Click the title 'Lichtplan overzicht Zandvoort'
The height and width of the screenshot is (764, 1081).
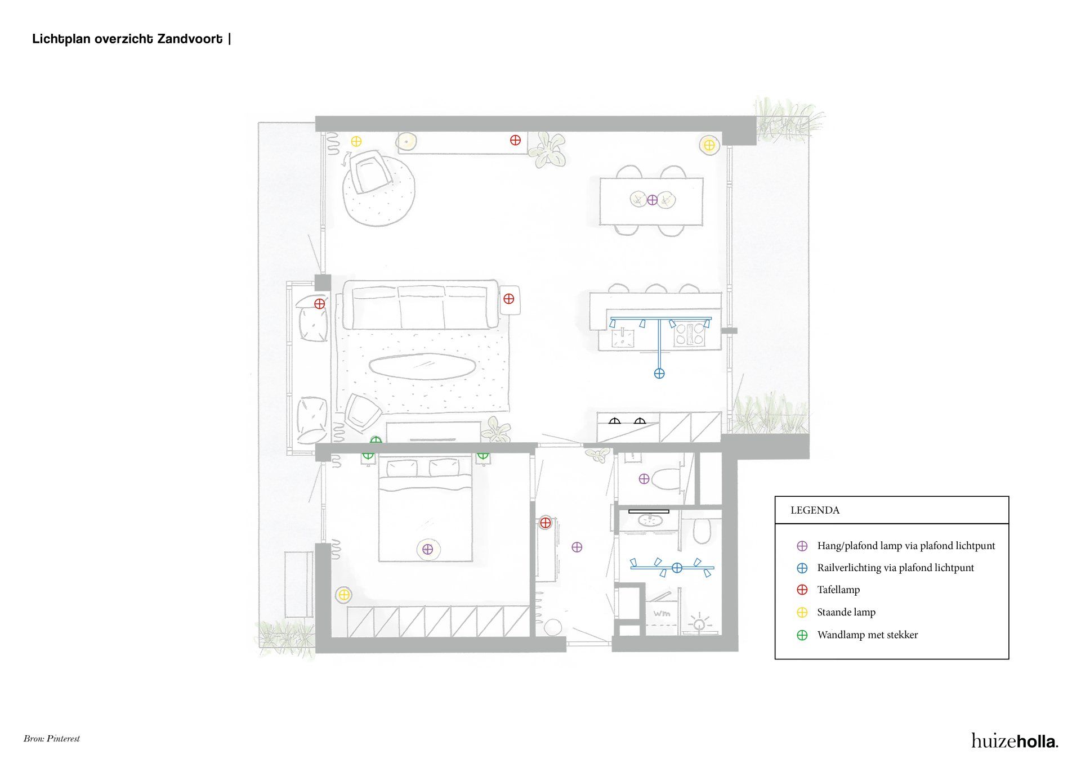pyautogui.click(x=127, y=39)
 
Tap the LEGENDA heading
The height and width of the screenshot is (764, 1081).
pyautogui.click(x=815, y=510)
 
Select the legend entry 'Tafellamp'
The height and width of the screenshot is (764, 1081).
pyautogui.click(x=838, y=590)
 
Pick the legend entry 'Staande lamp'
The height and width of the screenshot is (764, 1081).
pyautogui.click(x=846, y=612)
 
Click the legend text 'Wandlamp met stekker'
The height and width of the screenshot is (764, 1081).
pyautogui.click(x=868, y=635)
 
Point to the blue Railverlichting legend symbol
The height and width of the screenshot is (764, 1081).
pyautogui.click(x=802, y=568)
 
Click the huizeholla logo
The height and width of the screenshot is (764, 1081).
pyautogui.click(x=1015, y=740)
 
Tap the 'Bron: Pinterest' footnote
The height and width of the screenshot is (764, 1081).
pyautogui.click(x=52, y=739)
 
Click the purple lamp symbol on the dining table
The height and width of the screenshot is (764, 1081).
pyautogui.click(x=652, y=200)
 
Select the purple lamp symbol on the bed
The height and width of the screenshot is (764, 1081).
pyautogui.click(x=427, y=549)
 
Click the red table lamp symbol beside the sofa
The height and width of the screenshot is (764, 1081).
pyautogui.click(x=509, y=299)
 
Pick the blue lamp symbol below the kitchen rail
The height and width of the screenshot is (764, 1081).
pyautogui.click(x=659, y=373)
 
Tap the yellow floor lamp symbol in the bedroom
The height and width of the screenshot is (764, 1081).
pyautogui.click(x=343, y=594)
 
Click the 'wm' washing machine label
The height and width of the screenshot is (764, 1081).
pyautogui.click(x=662, y=613)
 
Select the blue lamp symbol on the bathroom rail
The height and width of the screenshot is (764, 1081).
pyautogui.click(x=677, y=568)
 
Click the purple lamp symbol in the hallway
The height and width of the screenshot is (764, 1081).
pyautogui.click(x=577, y=547)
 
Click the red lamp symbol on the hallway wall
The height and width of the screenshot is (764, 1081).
pyautogui.click(x=545, y=523)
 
